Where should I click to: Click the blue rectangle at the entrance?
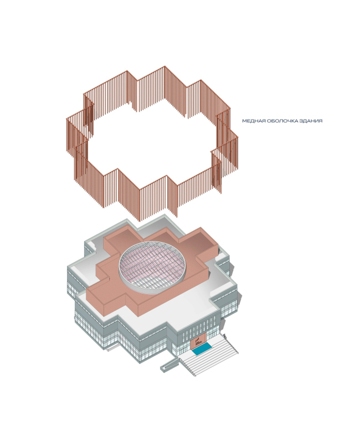[x=202, y=348]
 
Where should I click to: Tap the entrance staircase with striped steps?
[x=209, y=355]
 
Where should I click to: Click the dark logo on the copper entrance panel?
[x=198, y=341]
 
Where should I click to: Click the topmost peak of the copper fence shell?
[x=164, y=66]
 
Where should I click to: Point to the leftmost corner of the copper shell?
[x=67, y=119]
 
